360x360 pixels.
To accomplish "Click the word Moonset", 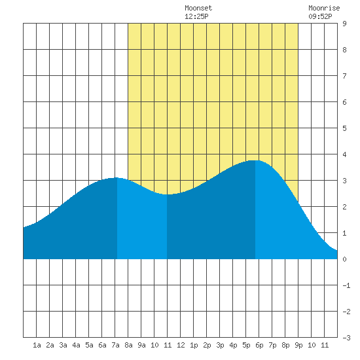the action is (198, 8).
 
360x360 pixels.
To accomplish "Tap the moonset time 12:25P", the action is (196, 16).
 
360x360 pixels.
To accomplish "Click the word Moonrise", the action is (324, 8).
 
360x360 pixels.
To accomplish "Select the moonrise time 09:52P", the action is (320, 16).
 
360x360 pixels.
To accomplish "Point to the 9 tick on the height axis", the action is (344, 24).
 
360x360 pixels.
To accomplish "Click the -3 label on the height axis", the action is (346, 338).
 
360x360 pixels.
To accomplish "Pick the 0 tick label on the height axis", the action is (344, 259).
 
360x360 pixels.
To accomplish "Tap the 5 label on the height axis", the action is (344, 128).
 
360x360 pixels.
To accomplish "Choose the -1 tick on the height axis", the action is (346, 285).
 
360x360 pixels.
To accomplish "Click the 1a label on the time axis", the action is (37, 345).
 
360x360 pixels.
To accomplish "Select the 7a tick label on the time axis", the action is (115, 345).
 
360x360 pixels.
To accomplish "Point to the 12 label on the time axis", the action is (181, 345).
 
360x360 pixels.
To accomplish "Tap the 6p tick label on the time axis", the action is (259, 345).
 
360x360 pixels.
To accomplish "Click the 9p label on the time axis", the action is (298, 345).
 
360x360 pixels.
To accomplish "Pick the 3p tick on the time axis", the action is (220, 345).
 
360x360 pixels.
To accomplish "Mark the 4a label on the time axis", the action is (76, 345).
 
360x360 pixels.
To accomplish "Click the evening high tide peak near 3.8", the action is (255, 160).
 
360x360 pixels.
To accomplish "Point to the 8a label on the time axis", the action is (128, 345).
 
